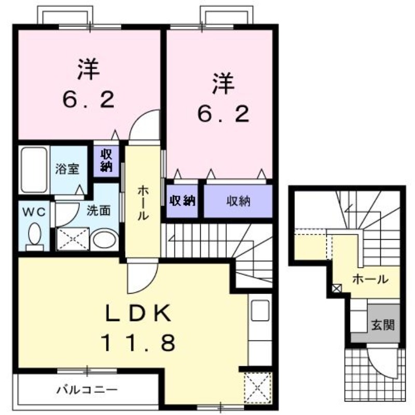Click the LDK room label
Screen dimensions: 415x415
(139, 313)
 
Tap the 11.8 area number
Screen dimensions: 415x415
(139, 342)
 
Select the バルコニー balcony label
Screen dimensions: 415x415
(87, 389)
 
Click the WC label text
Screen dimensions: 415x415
(34, 212)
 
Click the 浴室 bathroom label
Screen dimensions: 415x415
(67, 169)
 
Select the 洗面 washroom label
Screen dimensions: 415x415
(98, 212)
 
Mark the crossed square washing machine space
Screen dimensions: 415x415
(72, 240)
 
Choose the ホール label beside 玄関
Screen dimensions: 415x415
(370, 279)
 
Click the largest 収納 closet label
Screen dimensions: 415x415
(238, 201)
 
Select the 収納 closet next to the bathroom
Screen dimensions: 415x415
(106, 160)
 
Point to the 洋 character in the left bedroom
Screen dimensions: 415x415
(89, 71)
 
